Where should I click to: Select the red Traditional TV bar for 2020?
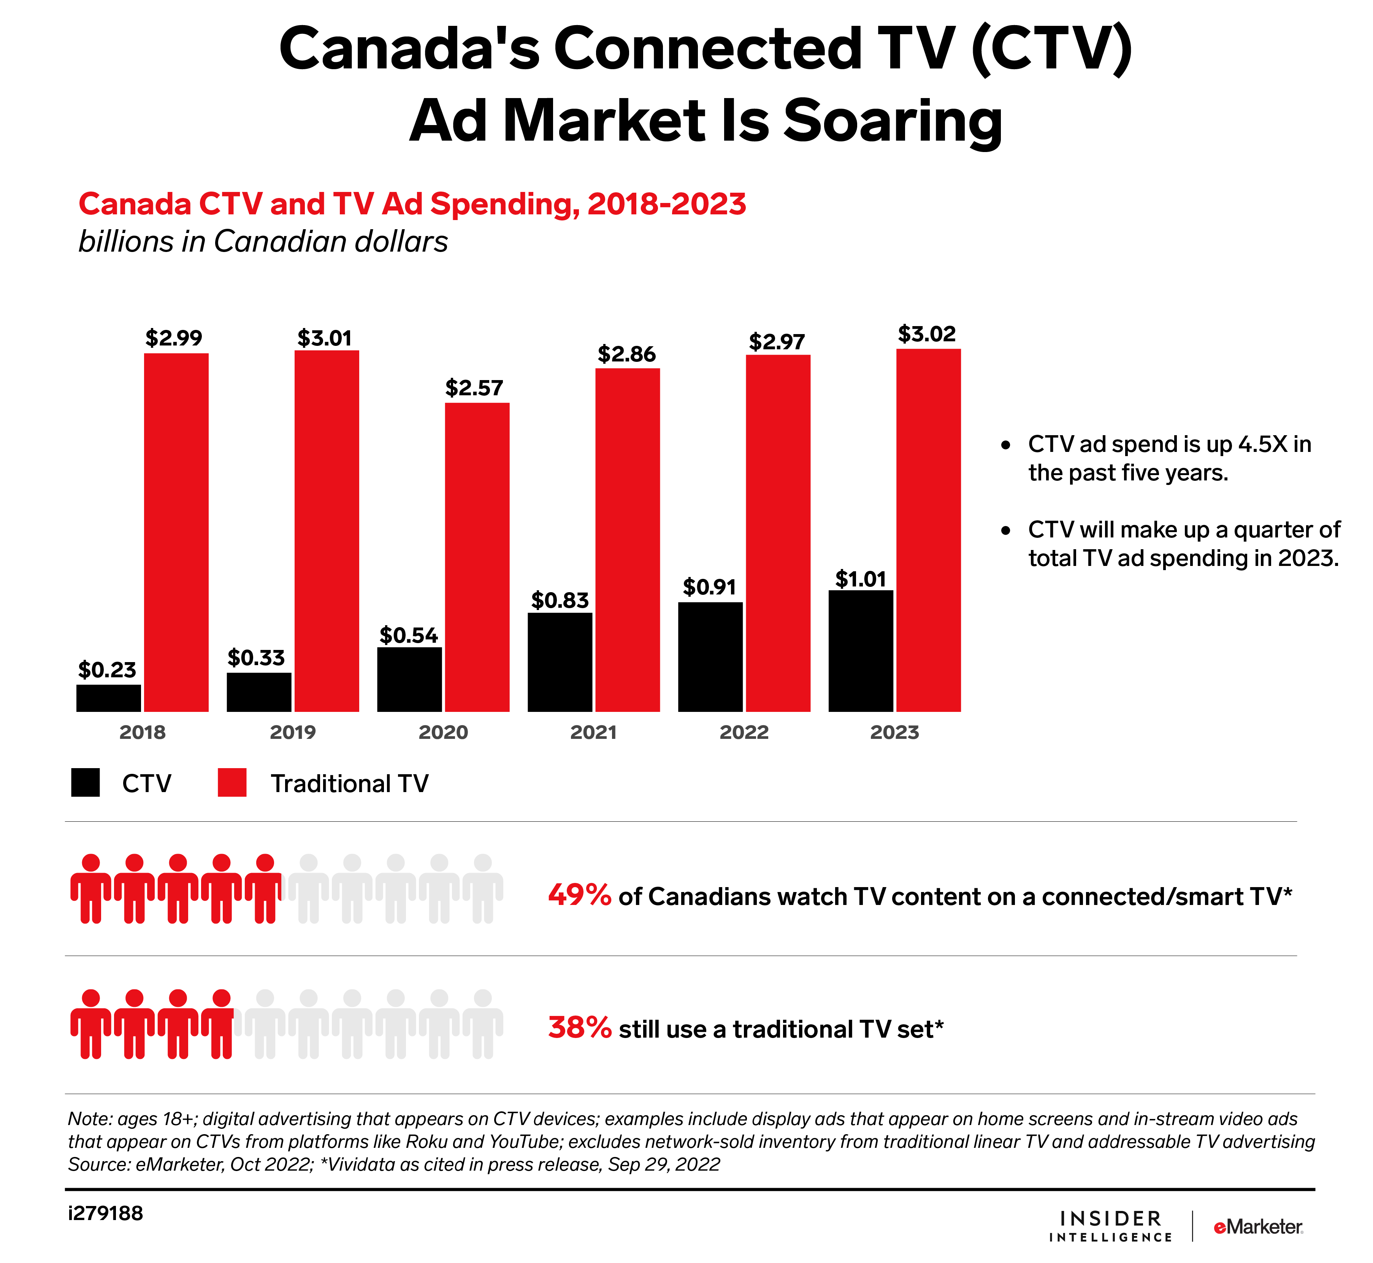click(x=477, y=557)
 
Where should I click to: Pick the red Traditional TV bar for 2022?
click(x=778, y=533)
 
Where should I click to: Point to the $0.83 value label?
click(x=560, y=601)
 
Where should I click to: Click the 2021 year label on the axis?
click(x=593, y=733)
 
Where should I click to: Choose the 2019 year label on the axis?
click(x=293, y=733)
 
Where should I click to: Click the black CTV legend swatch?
click(x=86, y=783)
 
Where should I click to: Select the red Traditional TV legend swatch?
click(x=231, y=783)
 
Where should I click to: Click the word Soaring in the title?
click(x=893, y=121)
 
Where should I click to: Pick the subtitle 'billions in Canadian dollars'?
click(x=263, y=242)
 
